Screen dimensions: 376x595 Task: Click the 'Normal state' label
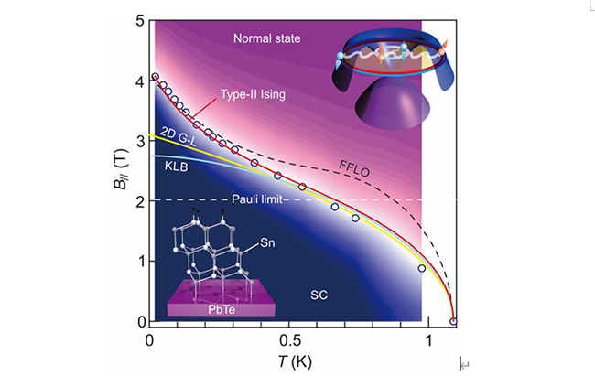click(x=267, y=38)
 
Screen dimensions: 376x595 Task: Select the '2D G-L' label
click(x=178, y=132)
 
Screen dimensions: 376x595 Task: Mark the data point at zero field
click(x=454, y=321)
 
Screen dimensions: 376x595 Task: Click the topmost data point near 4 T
click(x=155, y=77)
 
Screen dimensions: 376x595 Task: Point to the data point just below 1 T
click(x=421, y=268)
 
